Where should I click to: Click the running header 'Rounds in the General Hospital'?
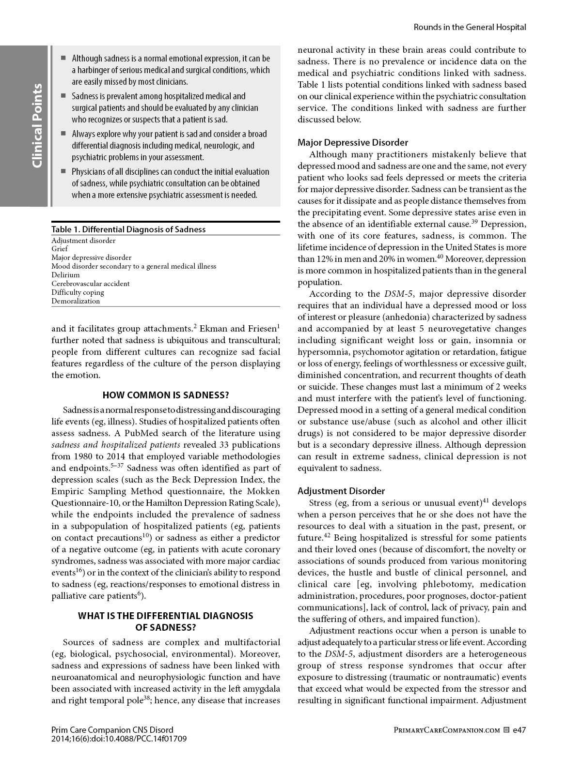[469, 27]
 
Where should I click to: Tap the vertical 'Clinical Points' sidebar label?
[37, 126]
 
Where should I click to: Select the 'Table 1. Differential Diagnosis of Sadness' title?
[128, 229]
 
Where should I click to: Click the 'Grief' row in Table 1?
[60, 249]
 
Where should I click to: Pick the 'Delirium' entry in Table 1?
[65, 275]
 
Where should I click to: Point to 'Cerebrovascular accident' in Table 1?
[91, 284]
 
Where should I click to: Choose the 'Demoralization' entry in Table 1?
[76, 301]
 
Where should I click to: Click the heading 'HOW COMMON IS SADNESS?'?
[166, 394]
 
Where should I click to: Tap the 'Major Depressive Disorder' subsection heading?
[353, 142]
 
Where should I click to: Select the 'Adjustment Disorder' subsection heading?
[341, 491]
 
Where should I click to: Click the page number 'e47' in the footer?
[519, 730]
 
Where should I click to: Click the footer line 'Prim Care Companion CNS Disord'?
[112, 730]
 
